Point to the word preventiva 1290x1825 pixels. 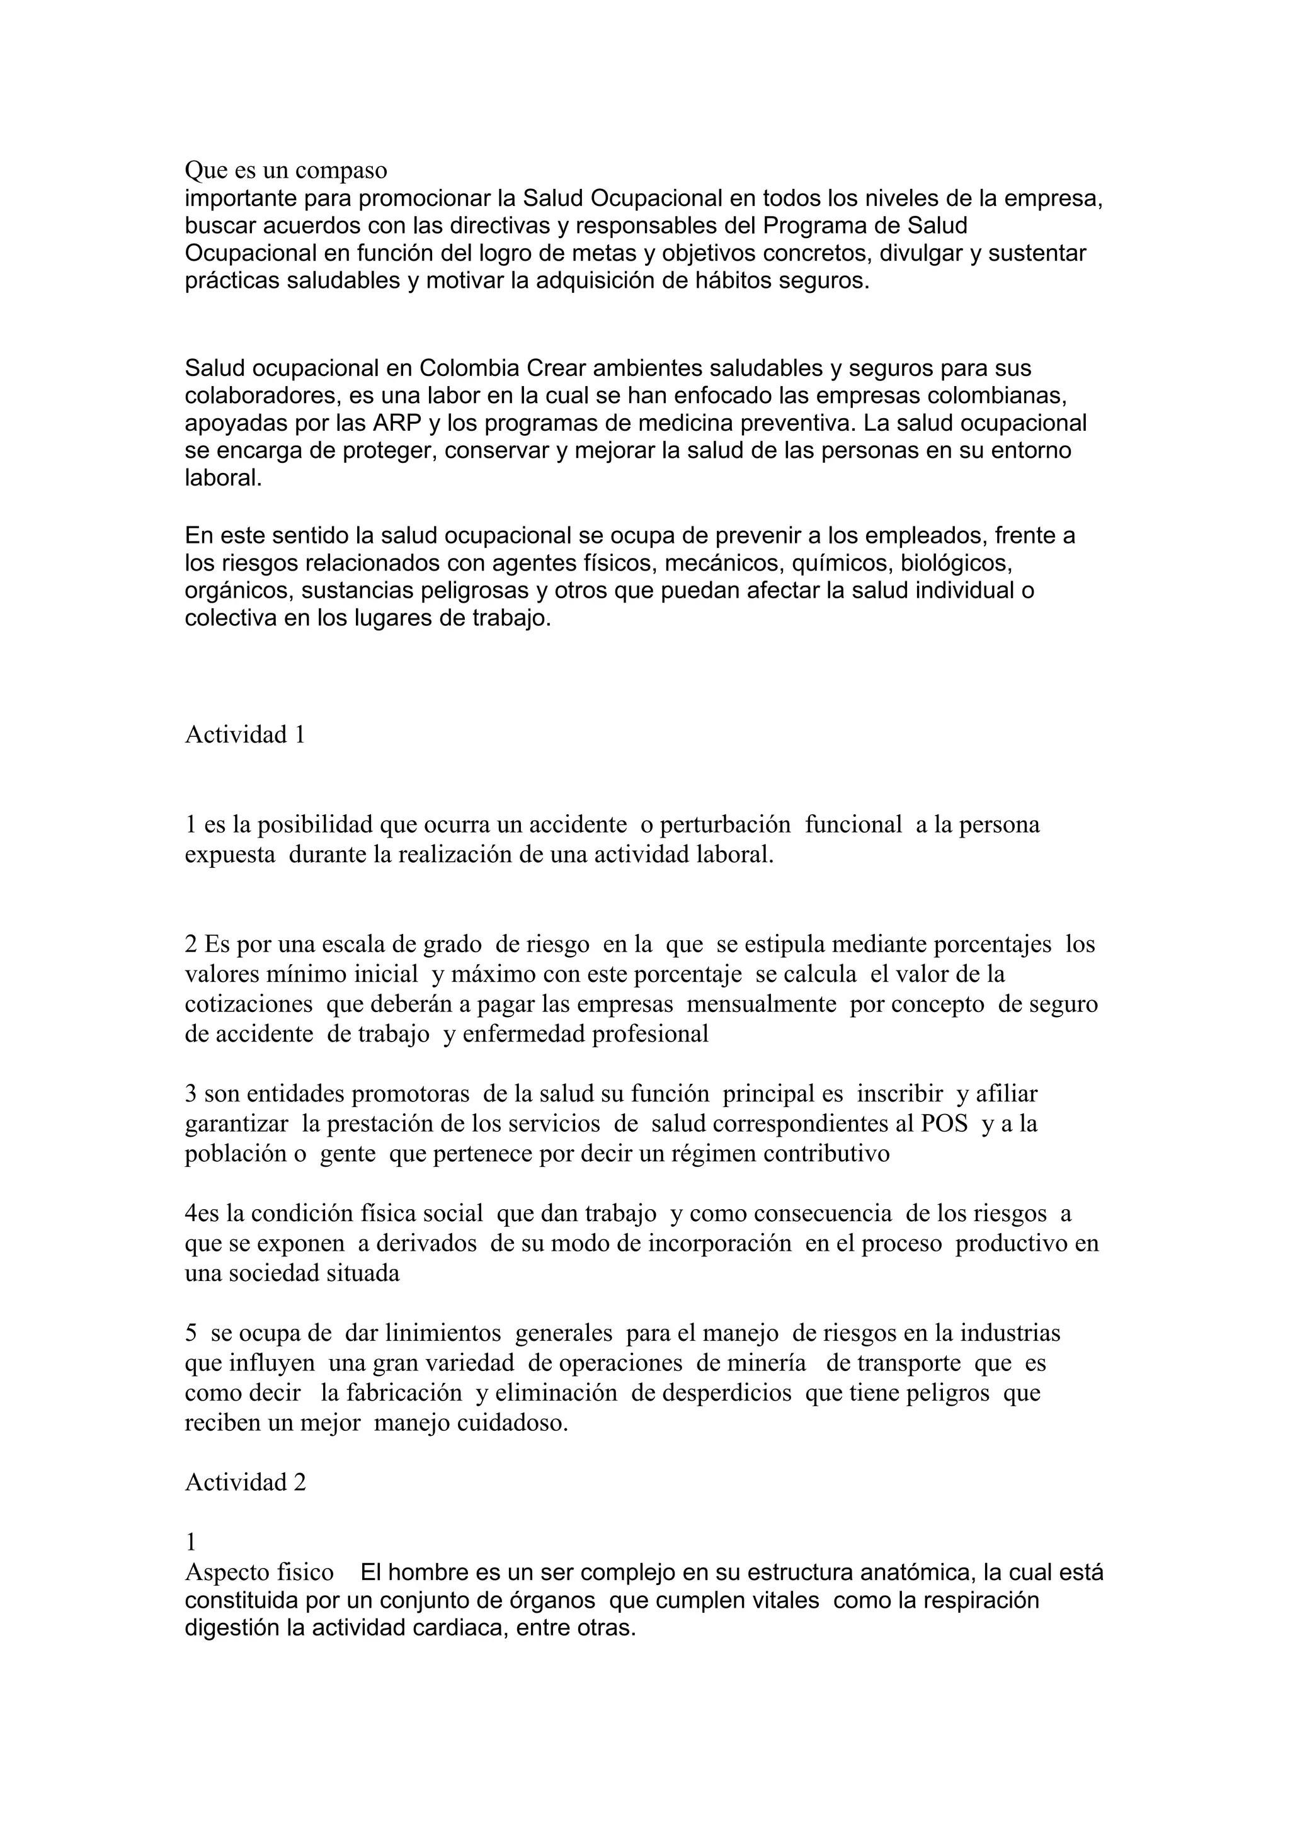pos(796,423)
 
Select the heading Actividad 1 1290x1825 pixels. pos(245,734)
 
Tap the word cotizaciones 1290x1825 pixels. pos(249,1004)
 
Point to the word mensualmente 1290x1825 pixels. pos(762,1004)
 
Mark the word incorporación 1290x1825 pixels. pos(720,1244)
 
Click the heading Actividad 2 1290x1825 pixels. pos(245,1482)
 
